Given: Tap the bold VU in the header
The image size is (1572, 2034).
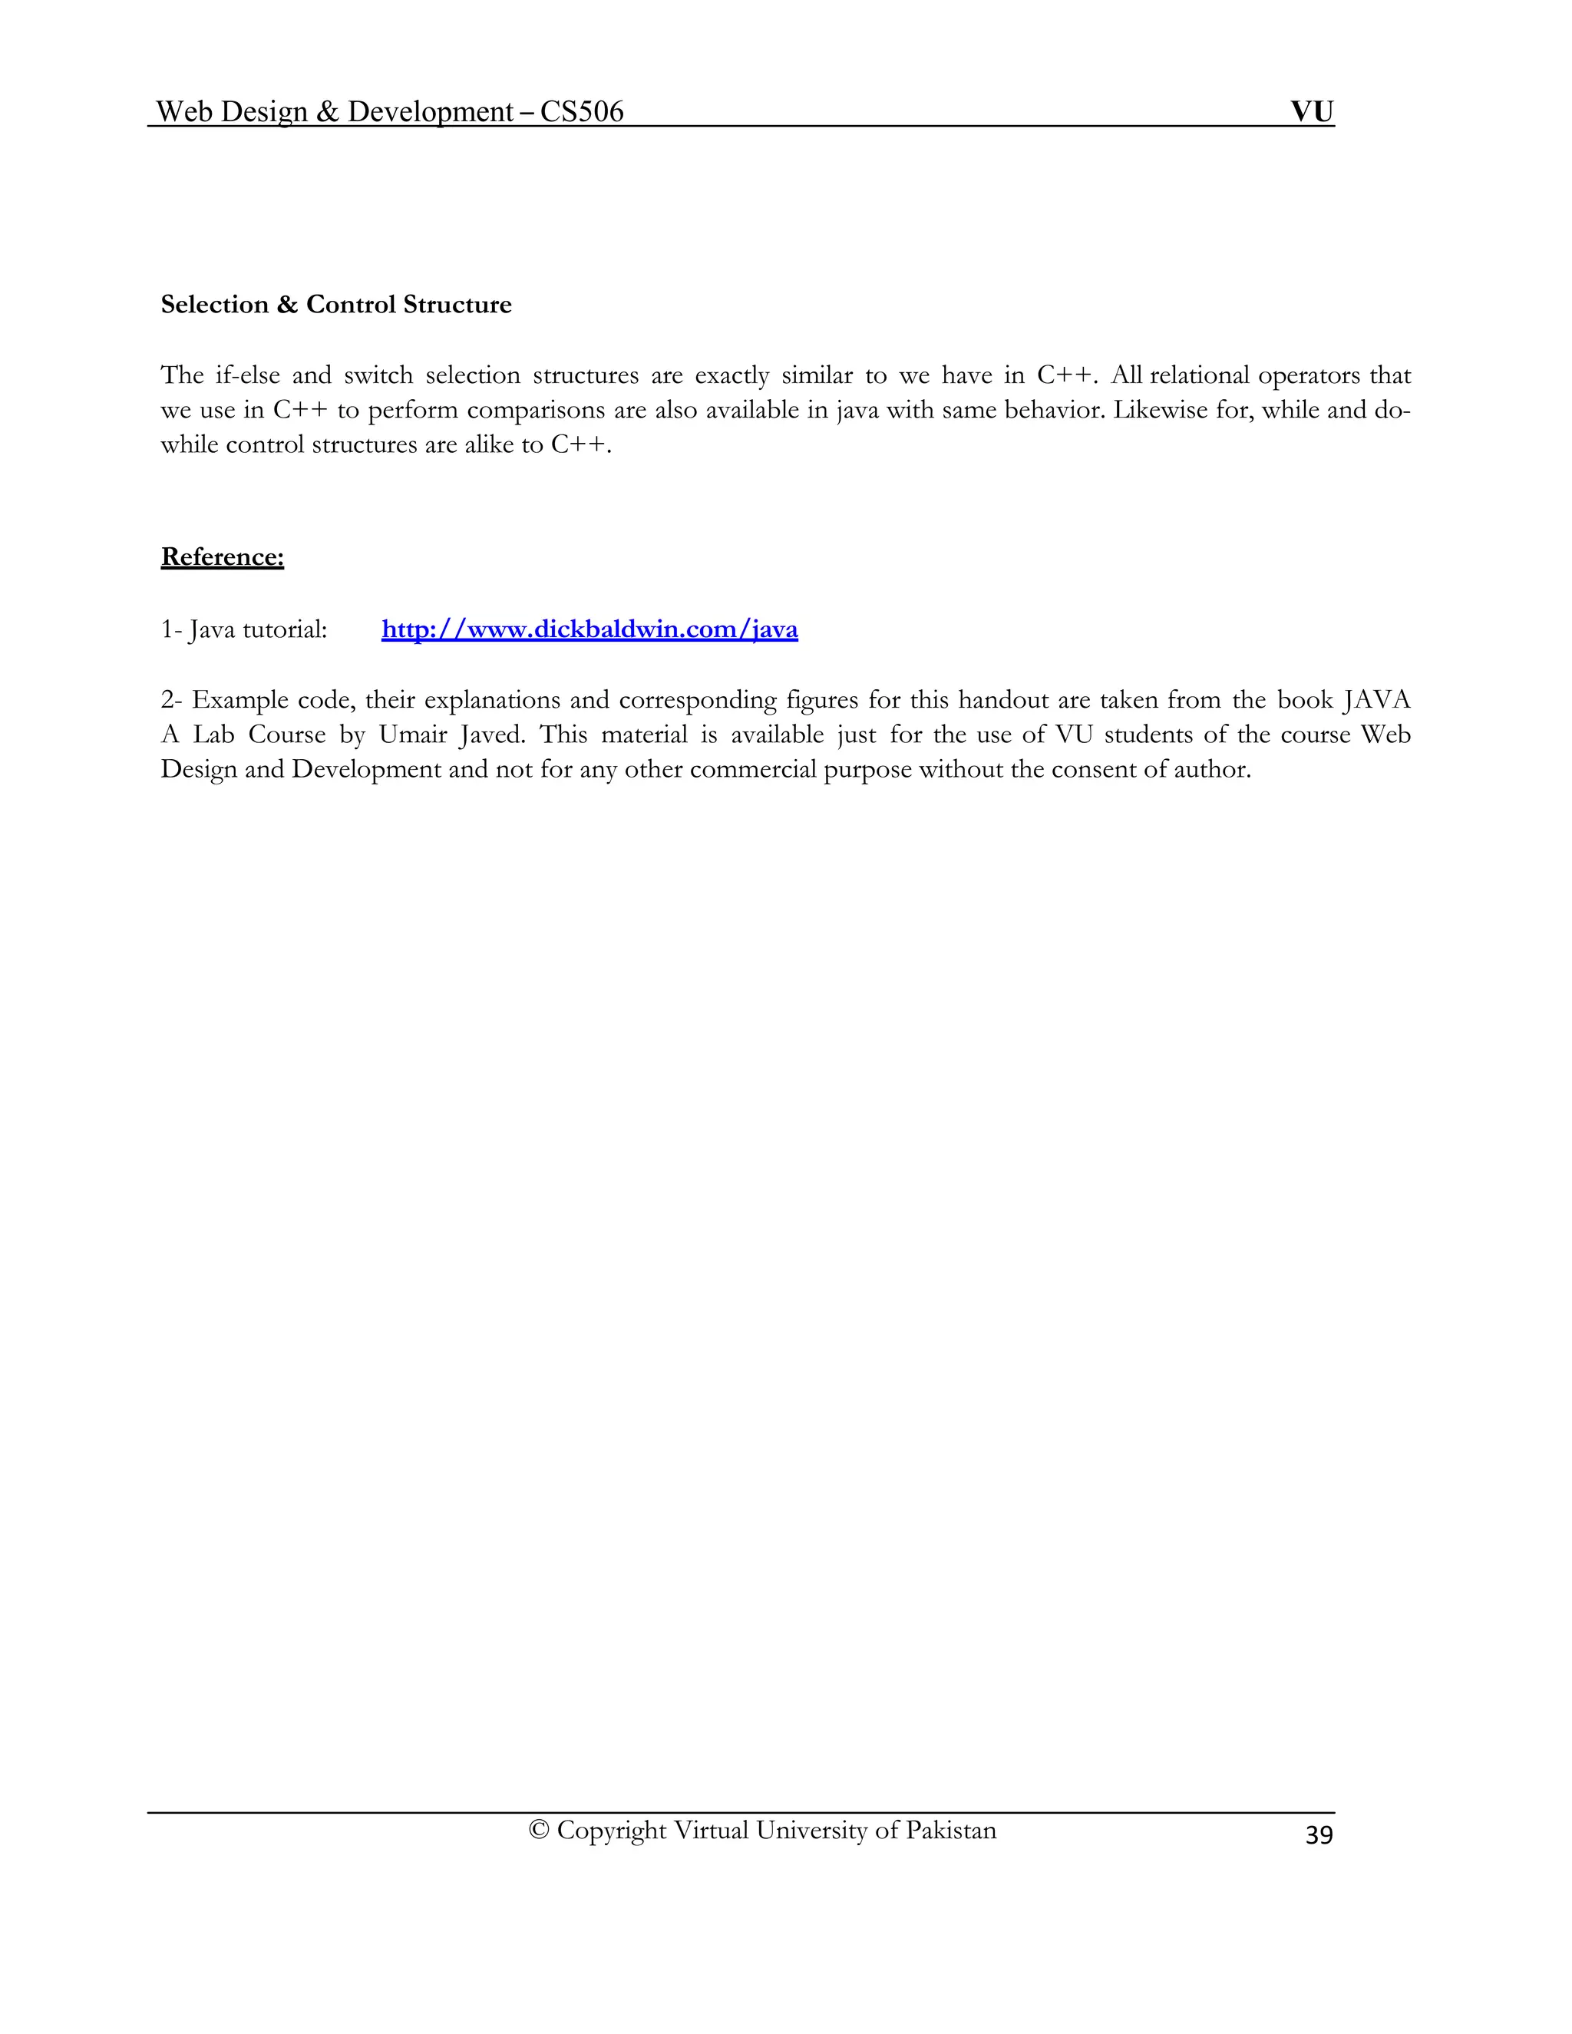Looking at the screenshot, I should point(1312,112).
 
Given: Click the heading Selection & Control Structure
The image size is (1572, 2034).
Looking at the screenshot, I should point(336,305).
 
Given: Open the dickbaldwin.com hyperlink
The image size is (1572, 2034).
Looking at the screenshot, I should point(589,629).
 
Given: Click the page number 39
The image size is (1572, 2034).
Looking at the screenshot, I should point(1319,1834).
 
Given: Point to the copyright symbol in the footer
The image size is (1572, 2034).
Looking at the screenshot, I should point(538,1831).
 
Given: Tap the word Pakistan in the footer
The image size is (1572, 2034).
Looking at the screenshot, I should point(951,1831).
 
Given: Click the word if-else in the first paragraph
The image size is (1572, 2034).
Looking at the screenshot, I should point(248,375).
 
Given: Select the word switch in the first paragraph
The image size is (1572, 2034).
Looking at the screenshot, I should point(378,375).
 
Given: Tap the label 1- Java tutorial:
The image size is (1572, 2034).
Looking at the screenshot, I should point(244,629).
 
